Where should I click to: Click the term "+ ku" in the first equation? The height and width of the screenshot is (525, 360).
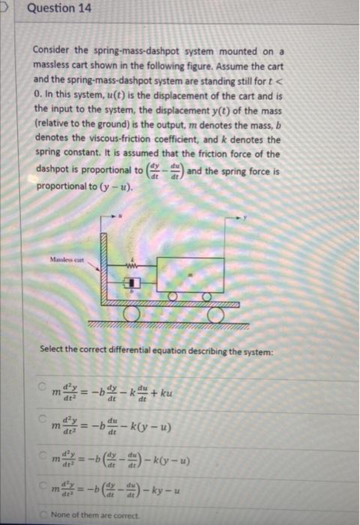pos(168,392)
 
